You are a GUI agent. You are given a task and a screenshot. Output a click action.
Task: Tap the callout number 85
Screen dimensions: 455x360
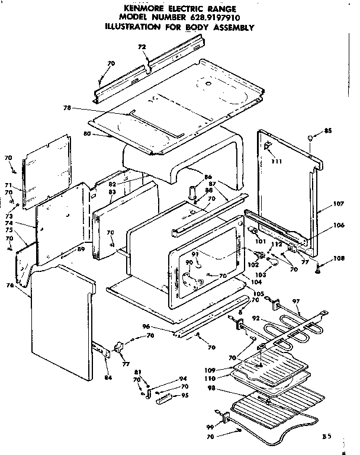pyautogui.click(x=328, y=131)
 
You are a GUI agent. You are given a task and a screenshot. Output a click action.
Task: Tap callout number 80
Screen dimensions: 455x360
pyautogui.click(x=87, y=134)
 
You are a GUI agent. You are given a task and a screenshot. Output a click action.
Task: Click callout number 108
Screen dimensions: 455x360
pyautogui.click(x=338, y=258)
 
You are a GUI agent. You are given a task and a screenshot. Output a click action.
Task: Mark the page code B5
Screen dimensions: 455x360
pyautogui.click(x=327, y=436)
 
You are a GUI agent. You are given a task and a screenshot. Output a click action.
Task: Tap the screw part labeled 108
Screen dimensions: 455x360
pyautogui.click(x=320, y=268)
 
